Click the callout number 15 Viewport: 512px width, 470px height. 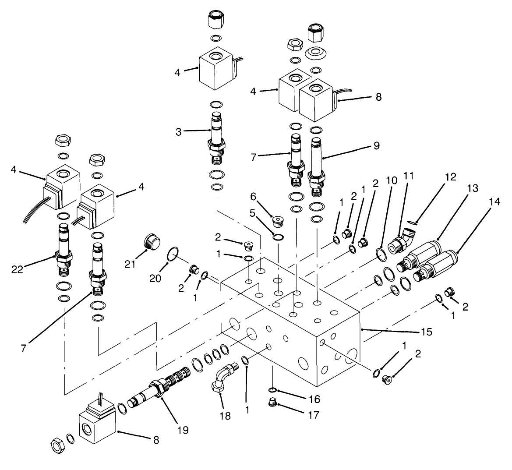tap(426, 332)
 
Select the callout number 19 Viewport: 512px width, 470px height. tap(183, 430)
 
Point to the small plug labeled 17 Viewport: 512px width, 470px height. tap(272, 402)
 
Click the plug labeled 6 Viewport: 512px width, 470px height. tap(277, 219)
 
